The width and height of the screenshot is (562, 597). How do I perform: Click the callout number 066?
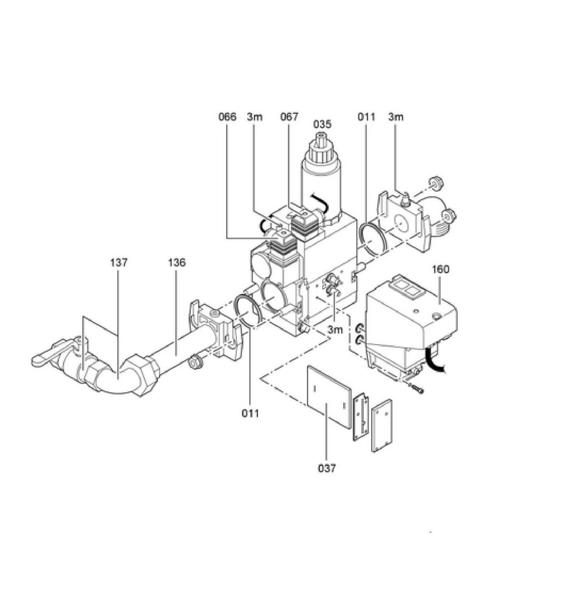click(227, 117)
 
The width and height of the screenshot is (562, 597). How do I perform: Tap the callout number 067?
click(289, 117)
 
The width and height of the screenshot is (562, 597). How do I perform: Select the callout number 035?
click(322, 124)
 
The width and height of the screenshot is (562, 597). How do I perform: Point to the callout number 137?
click(119, 263)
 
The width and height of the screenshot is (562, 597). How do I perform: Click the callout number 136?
click(177, 263)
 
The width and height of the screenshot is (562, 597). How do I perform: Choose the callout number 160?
click(441, 269)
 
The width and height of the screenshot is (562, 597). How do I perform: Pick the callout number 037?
click(327, 468)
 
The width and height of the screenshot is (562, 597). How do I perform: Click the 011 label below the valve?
click(250, 414)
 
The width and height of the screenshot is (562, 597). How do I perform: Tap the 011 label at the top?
click(367, 117)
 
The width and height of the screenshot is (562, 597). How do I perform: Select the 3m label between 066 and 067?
click(255, 117)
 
